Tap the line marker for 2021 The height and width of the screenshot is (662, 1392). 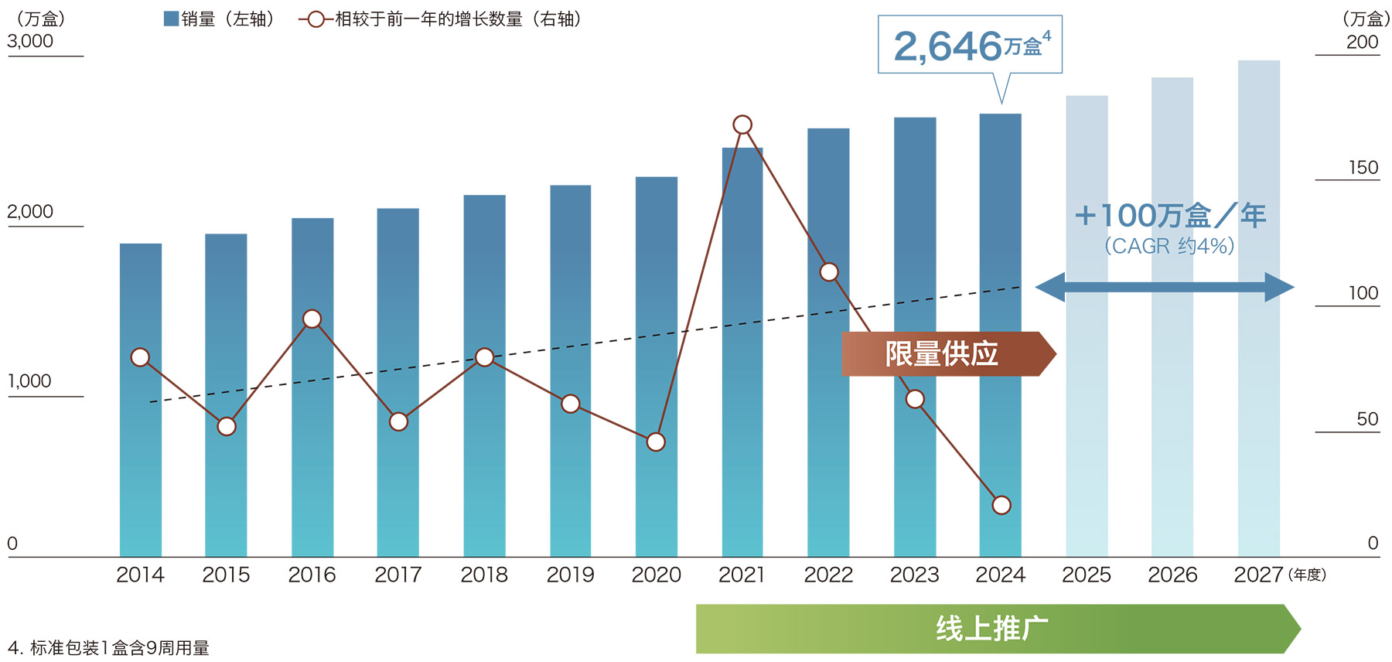(x=742, y=125)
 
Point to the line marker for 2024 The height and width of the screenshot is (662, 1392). (x=1001, y=505)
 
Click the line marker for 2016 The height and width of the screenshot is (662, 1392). (x=312, y=319)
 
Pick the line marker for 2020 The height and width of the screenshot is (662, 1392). (x=656, y=442)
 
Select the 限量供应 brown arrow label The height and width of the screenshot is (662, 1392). (x=943, y=354)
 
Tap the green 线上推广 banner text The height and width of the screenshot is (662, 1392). (x=992, y=629)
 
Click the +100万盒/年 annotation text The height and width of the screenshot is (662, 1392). (x=1169, y=215)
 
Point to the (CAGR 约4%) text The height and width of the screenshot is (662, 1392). (x=1169, y=246)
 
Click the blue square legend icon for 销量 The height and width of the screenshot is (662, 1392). (x=171, y=19)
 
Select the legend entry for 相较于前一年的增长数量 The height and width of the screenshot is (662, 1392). (x=441, y=19)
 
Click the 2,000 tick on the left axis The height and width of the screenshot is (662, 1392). (x=30, y=212)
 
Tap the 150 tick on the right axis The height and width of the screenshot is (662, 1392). (x=1363, y=168)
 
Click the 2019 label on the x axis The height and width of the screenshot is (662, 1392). (x=570, y=575)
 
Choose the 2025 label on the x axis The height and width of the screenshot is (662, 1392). (x=1086, y=575)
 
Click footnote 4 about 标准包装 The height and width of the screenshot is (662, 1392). (x=108, y=648)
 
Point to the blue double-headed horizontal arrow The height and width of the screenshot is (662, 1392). (x=1164, y=287)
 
